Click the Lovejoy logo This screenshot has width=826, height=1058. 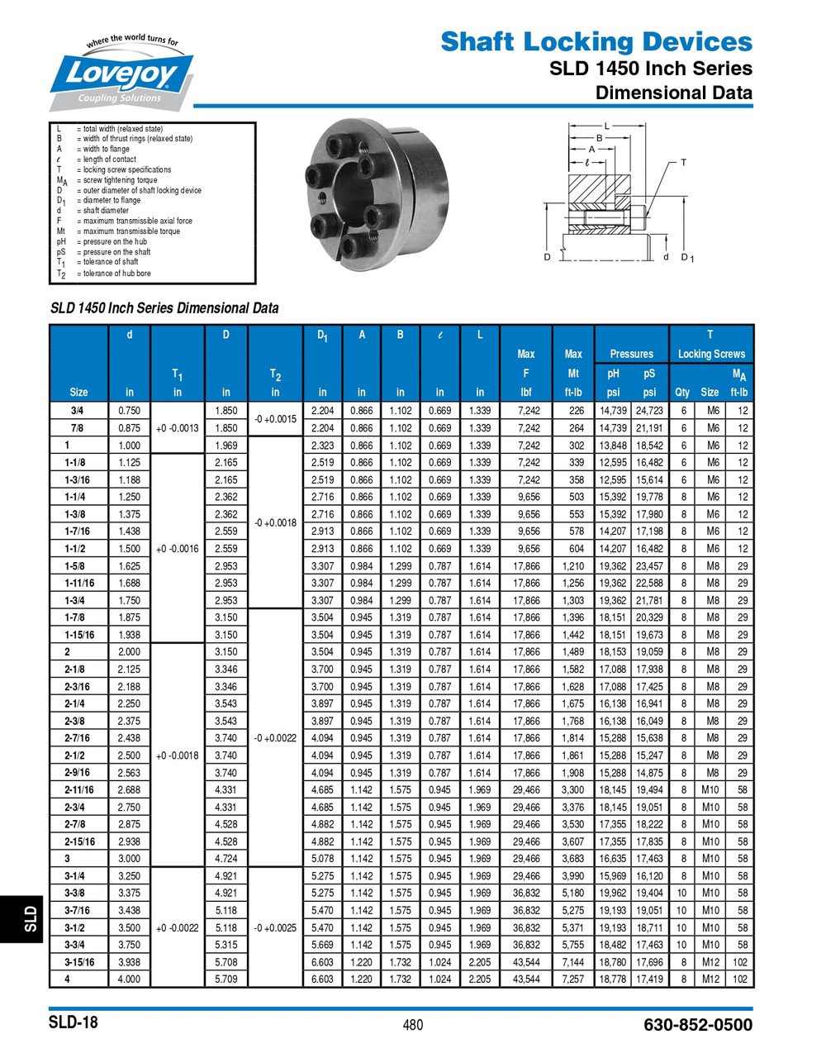122,74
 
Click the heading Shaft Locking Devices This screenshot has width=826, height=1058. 596,41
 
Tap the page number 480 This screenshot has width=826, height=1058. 412,1025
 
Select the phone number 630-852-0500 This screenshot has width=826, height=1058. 697,1025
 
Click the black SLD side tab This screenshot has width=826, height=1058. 30,917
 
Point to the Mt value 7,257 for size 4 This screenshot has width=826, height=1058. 572,979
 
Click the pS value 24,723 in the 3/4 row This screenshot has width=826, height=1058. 649,411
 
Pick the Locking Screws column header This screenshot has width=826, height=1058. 711,354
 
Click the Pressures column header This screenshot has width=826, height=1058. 631,354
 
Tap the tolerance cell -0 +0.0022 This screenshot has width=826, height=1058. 276,738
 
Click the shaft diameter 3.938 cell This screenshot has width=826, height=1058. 129,962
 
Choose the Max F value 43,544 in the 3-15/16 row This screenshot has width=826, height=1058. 526,962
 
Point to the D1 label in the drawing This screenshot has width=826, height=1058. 687,258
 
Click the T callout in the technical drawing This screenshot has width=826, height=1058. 683,163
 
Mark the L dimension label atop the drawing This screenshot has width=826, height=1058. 606,126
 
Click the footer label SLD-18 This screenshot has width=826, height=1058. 73,1022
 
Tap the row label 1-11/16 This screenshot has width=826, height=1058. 79,584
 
